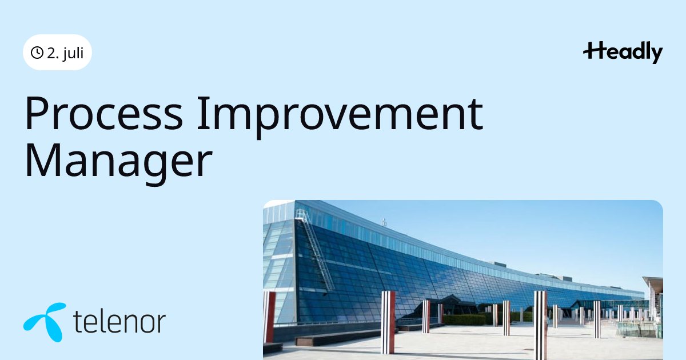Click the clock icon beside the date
[37, 53]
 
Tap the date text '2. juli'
[65, 53]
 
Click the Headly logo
[623, 53]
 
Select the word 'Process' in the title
[104, 114]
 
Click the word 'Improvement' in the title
[340, 117]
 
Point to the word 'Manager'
[119, 162]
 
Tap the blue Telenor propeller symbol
[45, 322]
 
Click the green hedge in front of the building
[464, 320]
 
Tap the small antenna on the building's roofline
[384, 222]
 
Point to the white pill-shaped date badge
[57, 53]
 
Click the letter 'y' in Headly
[657, 55]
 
